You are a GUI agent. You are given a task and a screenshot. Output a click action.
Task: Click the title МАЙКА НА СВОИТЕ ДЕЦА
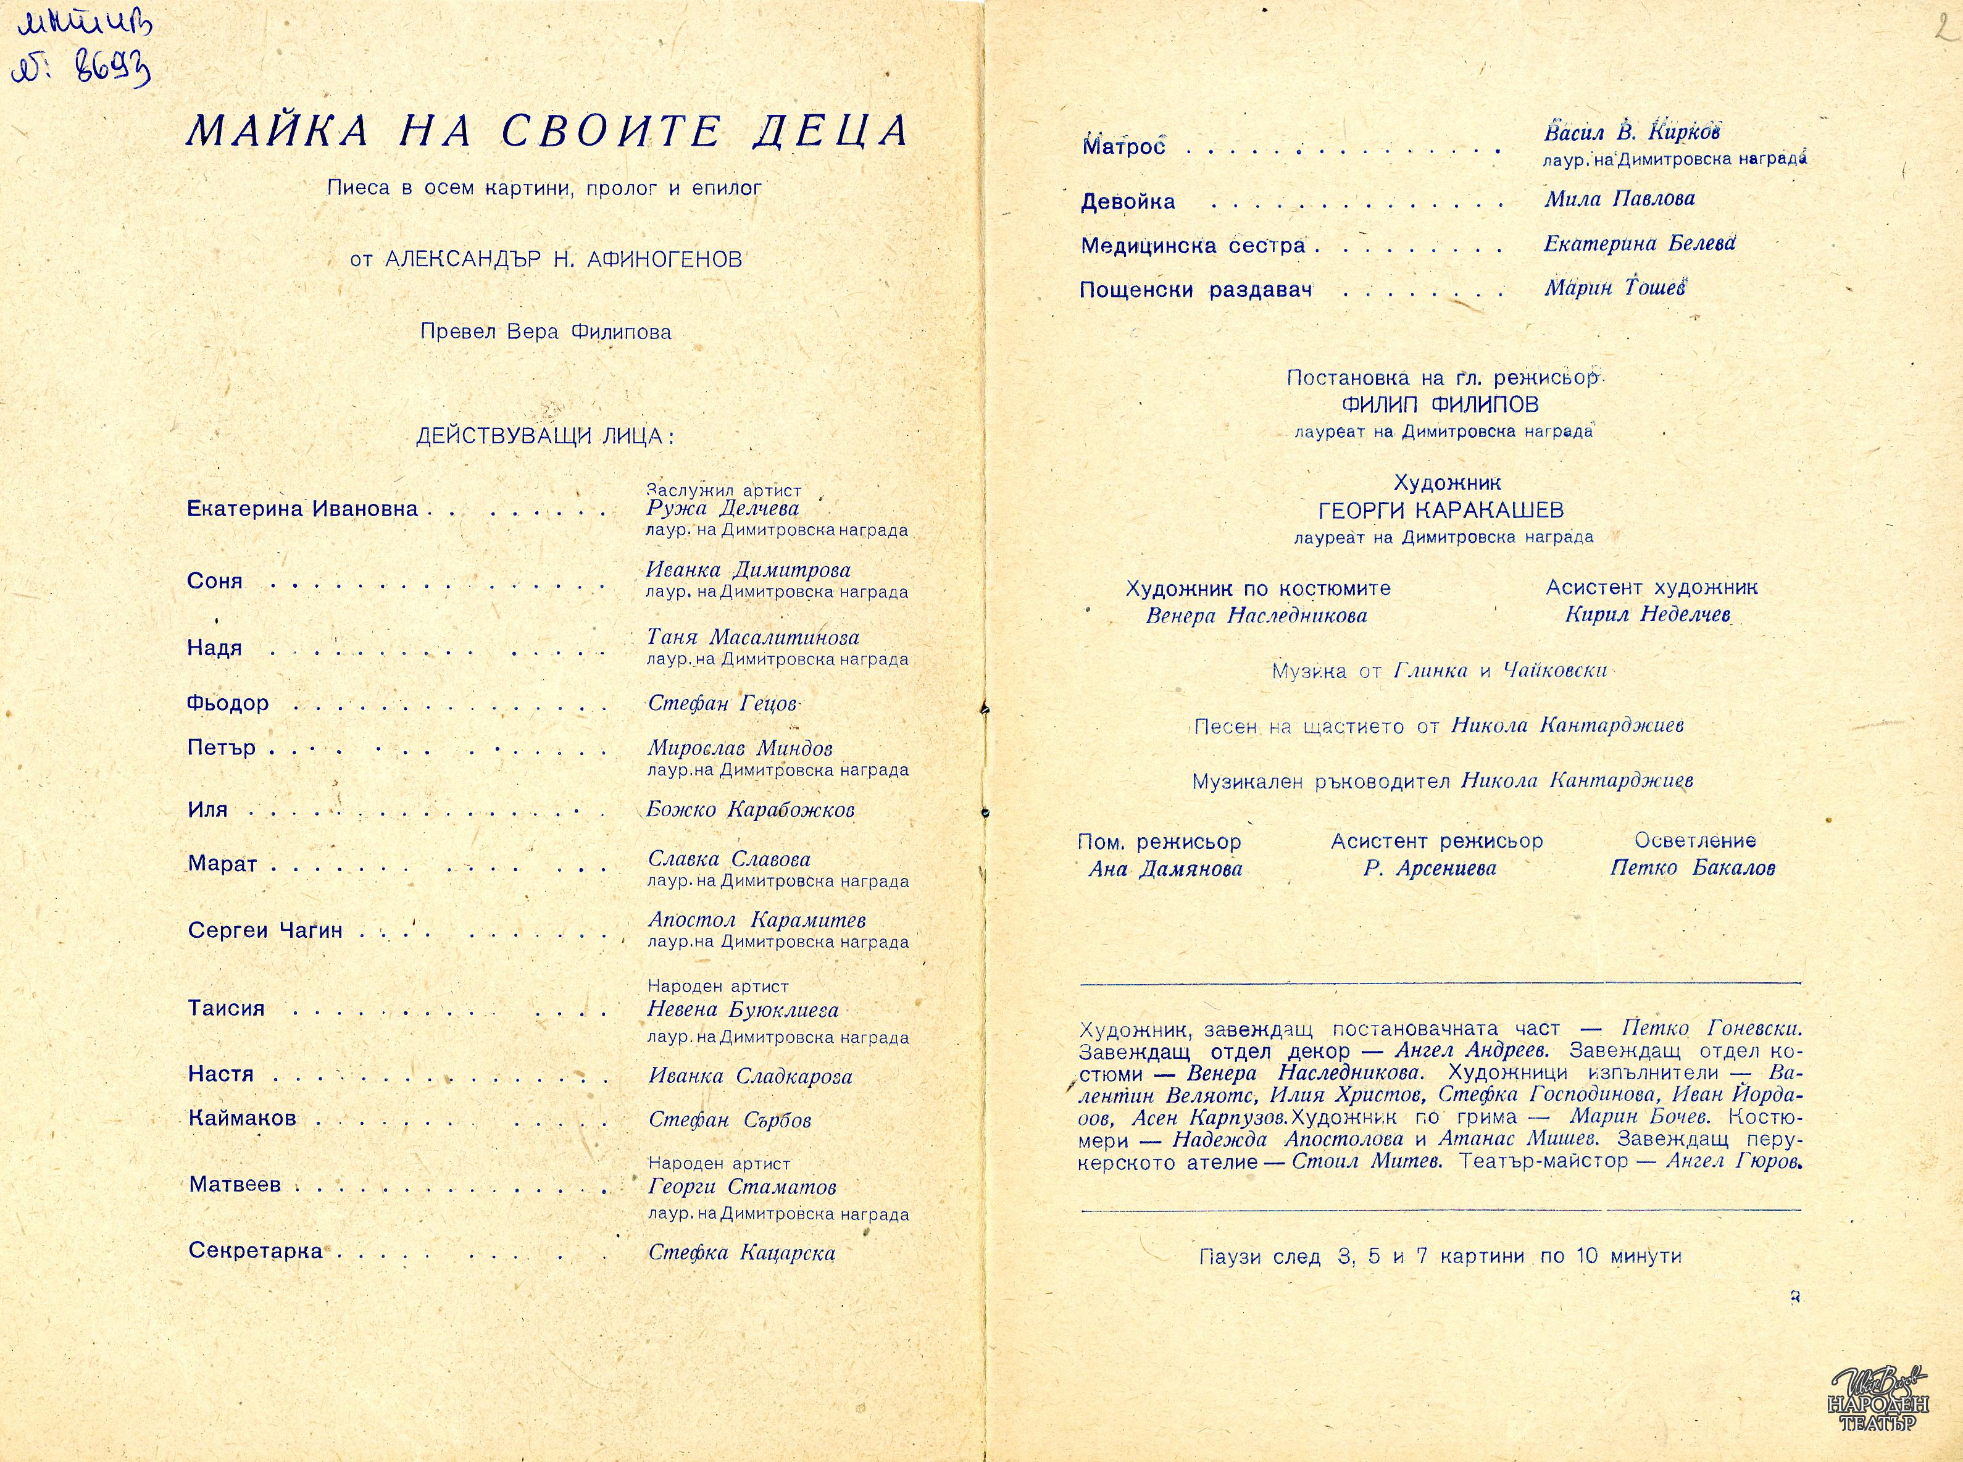click(x=548, y=131)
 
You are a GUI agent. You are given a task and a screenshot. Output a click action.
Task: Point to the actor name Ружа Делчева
click(x=723, y=509)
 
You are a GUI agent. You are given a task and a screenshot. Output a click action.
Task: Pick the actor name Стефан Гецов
click(x=723, y=704)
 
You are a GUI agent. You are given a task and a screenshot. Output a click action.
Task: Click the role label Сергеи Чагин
click(x=265, y=931)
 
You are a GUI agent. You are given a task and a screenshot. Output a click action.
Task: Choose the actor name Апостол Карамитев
click(x=756, y=921)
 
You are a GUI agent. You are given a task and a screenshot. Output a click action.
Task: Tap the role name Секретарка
click(x=256, y=1251)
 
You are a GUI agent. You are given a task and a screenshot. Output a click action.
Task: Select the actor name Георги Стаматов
click(x=742, y=1187)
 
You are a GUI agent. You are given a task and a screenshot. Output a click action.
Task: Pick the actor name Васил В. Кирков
click(x=1632, y=133)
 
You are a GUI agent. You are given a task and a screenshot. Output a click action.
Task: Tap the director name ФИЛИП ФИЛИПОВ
click(x=1440, y=406)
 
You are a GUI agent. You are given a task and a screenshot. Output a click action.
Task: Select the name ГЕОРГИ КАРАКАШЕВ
click(x=1440, y=511)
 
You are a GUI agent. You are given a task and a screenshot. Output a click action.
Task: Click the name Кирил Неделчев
click(x=1647, y=615)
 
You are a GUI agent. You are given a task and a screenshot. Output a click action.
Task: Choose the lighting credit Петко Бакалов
click(x=1692, y=868)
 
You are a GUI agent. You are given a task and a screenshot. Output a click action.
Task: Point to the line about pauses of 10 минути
click(x=1440, y=1256)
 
